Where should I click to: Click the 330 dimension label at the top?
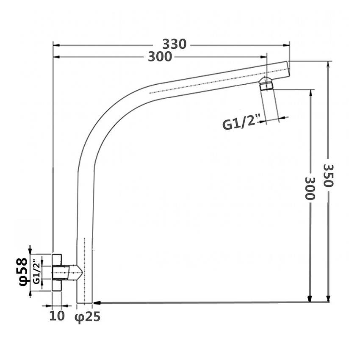[x=174, y=44]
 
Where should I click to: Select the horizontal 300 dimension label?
[x=160, y=57]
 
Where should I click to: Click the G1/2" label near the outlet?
[x=240, y=124]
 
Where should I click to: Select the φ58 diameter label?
[x=23, y=272]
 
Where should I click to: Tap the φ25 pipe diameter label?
[x=88, y=316]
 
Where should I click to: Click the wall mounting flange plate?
[x=57, y=272]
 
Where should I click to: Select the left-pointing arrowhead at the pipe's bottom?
[x=97, y=302]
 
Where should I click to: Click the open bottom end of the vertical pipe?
[x=85, y=302]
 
